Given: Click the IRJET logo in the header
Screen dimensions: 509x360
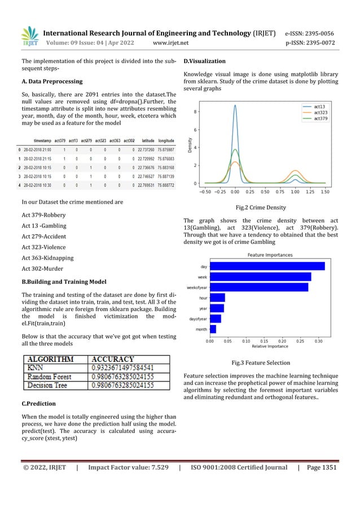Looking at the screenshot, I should click(x=29, y=36).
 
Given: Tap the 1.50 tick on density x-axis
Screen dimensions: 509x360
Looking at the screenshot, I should click(x=325, y=192).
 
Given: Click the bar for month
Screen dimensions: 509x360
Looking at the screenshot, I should click(x=213, y=329).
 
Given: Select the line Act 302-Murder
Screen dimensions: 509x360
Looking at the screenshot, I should click(x=43, y=269).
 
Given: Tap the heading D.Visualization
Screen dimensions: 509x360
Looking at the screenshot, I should click(x=205, y=61).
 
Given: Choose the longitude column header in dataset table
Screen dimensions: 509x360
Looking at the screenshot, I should click(x=166, y=141).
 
